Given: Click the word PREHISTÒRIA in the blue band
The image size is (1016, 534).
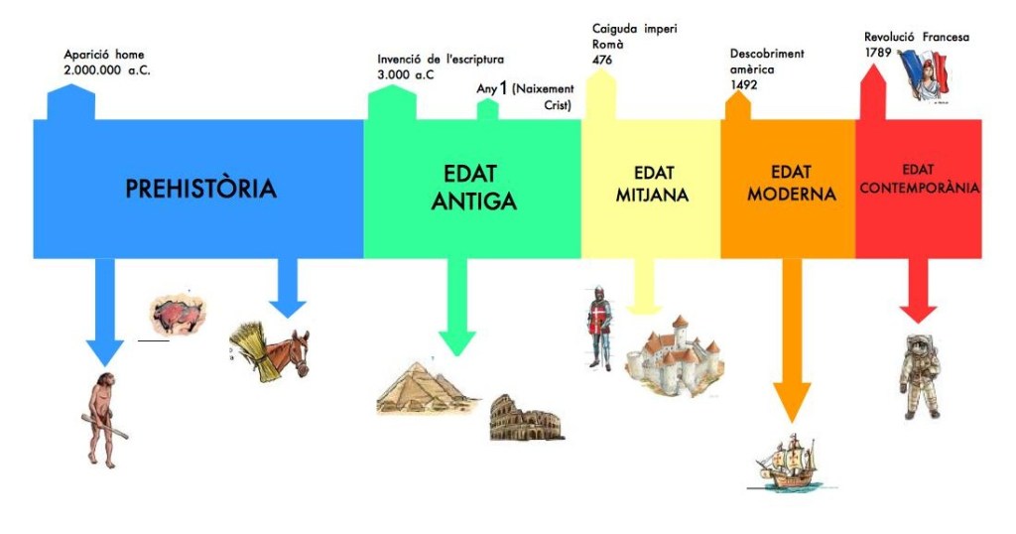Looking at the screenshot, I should (200, 189).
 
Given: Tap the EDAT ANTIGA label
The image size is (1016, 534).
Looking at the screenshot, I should (473, 187).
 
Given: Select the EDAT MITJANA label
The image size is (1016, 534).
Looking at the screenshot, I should (652, 184).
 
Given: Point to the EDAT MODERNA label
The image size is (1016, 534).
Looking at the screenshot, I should (791, 183).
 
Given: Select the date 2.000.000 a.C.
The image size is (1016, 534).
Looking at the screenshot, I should (107, 70).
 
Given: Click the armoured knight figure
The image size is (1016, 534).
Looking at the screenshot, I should (600, 328).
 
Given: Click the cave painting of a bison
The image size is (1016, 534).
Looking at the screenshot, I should (179, 314).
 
